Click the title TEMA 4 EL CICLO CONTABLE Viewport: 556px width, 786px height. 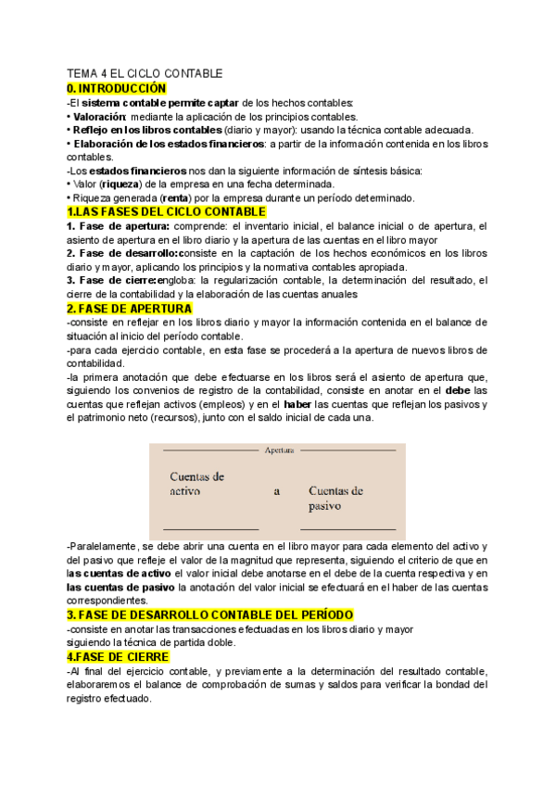click(145, 73)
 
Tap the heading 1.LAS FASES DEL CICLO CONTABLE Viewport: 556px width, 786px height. click(166, 212)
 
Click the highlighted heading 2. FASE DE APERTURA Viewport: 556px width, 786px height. click(129, 309)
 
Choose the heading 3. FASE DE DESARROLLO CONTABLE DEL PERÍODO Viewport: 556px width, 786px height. click(209, 615)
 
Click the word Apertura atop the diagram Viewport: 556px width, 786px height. click(279, 450)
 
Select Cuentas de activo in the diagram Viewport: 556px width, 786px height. click(197, 484)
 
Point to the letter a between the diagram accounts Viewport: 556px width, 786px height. click(276, 492)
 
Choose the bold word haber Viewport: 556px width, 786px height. click(297, 405)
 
